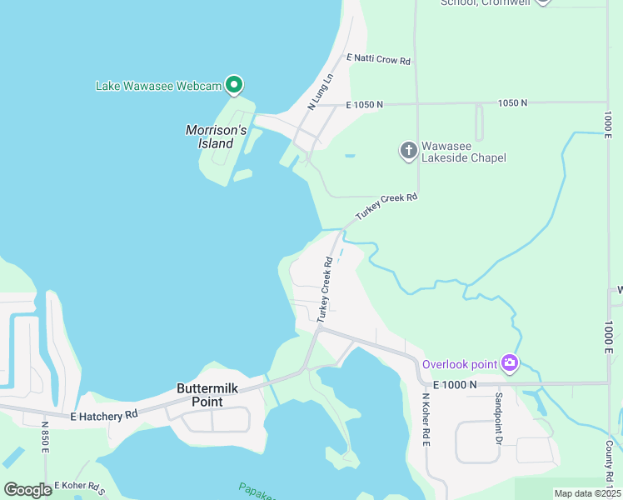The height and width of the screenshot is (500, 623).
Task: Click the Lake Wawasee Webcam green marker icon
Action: (x=235, y=84)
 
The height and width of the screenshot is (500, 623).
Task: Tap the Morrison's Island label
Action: (x=216, y=137)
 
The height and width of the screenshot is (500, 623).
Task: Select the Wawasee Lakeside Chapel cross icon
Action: (x=408, y=150)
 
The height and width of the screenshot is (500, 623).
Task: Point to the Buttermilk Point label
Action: (x=199, y=395)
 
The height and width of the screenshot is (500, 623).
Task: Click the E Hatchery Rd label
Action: (x=104, y=415)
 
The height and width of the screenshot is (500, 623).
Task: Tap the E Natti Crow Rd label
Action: (x=379, y=60)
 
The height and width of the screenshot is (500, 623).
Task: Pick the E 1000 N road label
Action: (x=455, y=384)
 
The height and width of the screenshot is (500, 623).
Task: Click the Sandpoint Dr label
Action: (x=499, y=417)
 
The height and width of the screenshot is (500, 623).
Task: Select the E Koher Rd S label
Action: (x=81, y=485)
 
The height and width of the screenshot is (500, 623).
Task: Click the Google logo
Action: (x=27, y=489)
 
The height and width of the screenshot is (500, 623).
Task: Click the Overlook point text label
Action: (x=459, y=363)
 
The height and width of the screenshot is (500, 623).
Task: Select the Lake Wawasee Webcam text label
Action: (x=158, y=85)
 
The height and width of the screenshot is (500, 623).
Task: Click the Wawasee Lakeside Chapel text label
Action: (x=464, y=151)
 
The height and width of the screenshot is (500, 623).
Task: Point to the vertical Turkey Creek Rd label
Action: (x=325, y=290)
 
